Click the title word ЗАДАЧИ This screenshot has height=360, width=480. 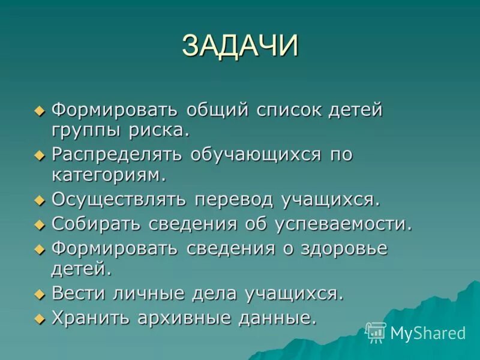[240, 46]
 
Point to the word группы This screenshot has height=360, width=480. [86, 130]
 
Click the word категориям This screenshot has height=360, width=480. [108, 175]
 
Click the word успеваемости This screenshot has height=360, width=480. [344, 224]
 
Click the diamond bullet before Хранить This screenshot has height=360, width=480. [40, 318]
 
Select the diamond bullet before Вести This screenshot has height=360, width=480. [40, 294]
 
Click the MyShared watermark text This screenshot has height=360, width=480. [428, 332]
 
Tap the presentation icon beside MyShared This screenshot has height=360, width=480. [376, 332]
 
